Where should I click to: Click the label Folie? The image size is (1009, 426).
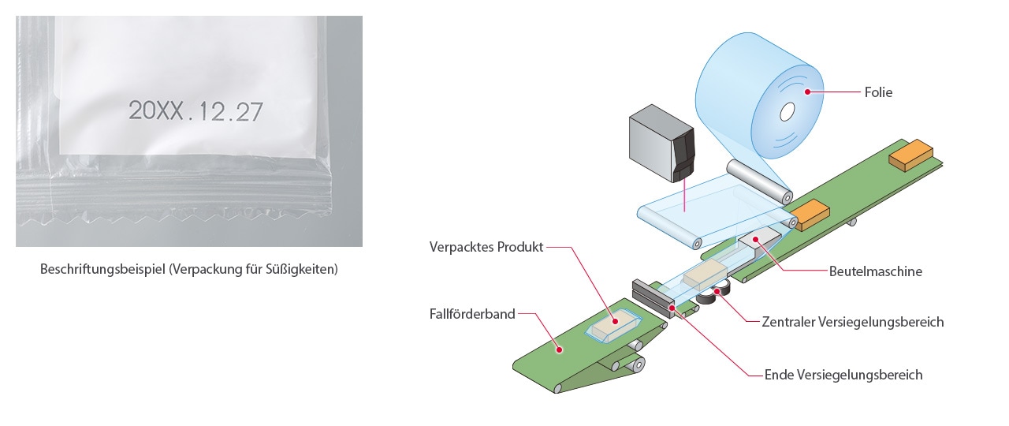pyautogui.click(x=877, y=92)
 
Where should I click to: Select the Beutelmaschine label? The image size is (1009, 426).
pyautogui.click(x=874, y=271)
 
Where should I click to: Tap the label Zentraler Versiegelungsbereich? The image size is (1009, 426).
pyautogui.click(x=853, y=322)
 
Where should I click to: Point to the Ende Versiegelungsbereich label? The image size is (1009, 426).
pyautogui.click(x=843, y=375)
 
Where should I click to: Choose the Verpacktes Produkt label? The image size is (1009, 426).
pyautogui.click(x=486, y=247)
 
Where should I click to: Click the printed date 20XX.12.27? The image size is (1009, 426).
pyautogui.click(x=195, y=111)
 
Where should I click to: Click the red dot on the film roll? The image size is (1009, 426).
pyautogui.click(x=808, y=92)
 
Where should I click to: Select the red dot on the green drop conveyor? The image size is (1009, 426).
pyautogui.click(x=559, y=347)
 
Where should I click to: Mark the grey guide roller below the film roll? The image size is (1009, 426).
pyautogui.click(x=758, y=181)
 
